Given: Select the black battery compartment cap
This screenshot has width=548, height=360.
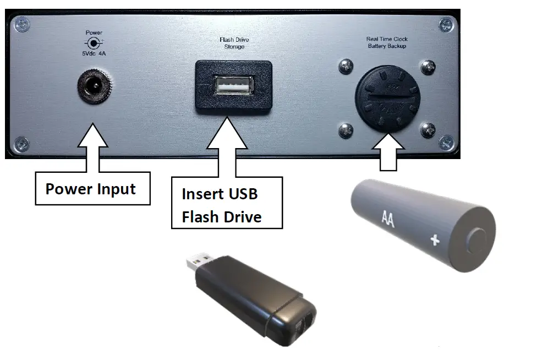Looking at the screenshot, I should [x=386, y=99].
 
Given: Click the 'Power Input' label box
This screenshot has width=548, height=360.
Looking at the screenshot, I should [x=91, y=189].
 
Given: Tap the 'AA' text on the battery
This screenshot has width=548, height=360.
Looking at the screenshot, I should [x=389, y=217].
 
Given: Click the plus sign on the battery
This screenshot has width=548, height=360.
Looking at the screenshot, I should [x=435, y=240].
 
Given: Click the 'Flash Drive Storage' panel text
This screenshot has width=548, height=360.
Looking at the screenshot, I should [x=232, y=43].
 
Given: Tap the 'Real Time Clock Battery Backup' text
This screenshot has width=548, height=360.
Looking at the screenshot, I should [x=386, y=42].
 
